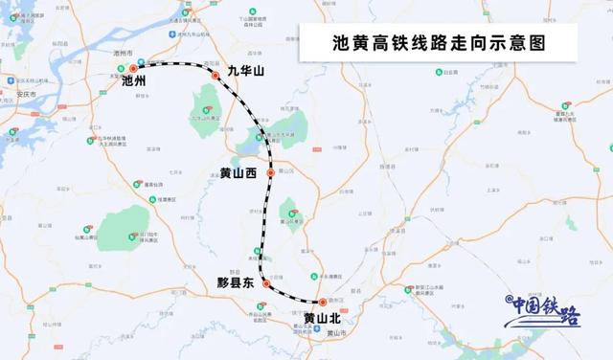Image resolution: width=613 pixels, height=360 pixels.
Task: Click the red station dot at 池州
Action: tap(133, 69)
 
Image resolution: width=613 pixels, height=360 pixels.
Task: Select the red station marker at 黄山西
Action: tap(271, 173)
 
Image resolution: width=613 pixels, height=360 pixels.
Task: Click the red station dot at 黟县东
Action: tap(266, 283)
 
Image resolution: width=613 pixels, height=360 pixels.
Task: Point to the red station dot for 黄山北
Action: tap(323, 302)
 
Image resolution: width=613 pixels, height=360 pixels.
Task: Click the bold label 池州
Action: tap(135, 82)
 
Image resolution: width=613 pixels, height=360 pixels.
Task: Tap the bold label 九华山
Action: tap(244, 71)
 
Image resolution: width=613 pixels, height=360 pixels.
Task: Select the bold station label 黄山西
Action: tap(238, 174)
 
